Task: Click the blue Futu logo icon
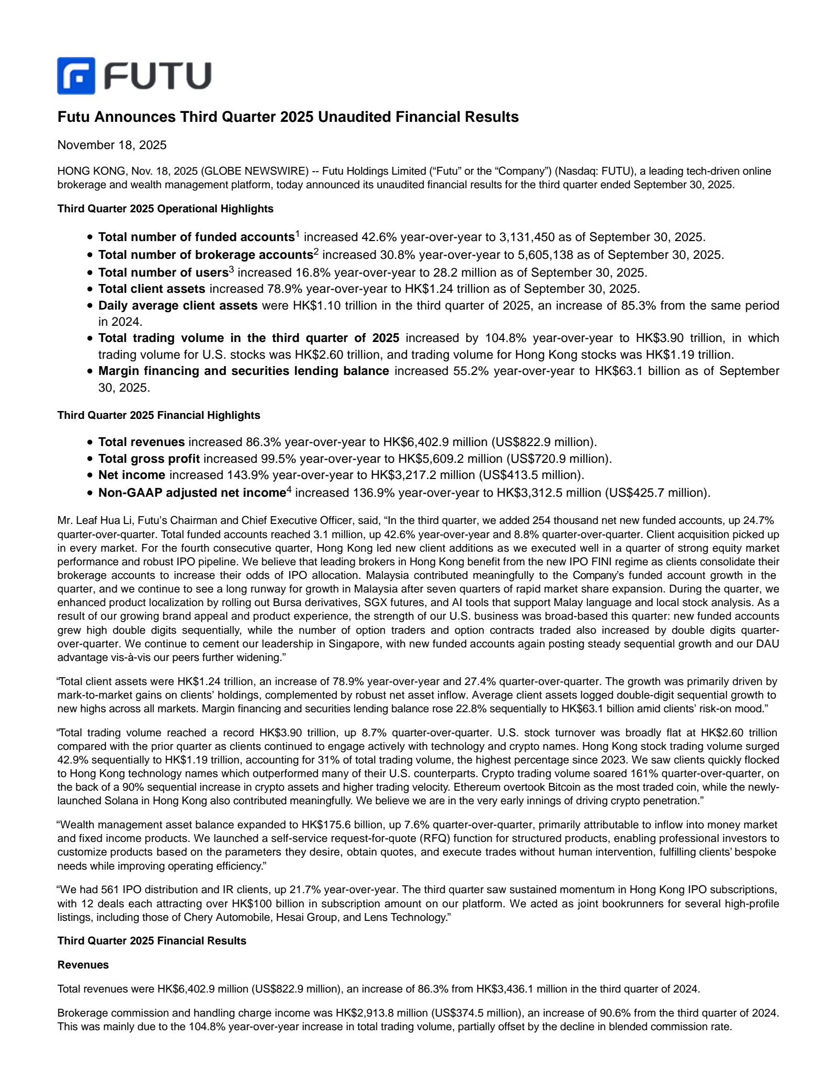(76, 76)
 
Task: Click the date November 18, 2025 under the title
(112, 145)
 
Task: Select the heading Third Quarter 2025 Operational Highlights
(165, 209)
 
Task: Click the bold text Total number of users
(163, 272)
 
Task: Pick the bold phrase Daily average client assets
(178, 305)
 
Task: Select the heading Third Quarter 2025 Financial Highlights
(159, 415)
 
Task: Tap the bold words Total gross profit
(149, 459)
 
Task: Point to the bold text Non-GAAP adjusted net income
(191, 493)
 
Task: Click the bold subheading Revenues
(83, 965)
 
